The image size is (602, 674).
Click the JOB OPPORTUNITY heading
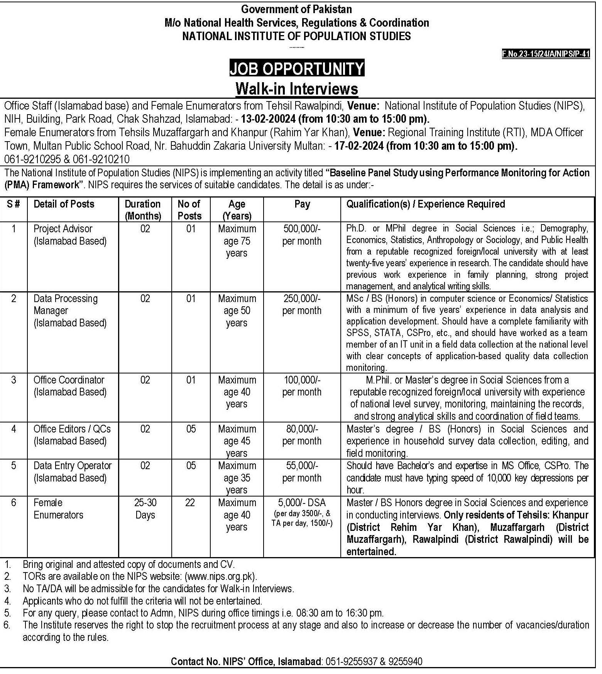(297, 69)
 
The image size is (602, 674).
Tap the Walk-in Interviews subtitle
(297, 89)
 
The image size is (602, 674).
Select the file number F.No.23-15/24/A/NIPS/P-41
(546, 54)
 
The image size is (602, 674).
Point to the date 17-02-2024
(359, 146)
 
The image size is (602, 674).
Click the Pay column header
(302, 204)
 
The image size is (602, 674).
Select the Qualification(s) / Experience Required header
(426, 204)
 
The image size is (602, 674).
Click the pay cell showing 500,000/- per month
(302, 235)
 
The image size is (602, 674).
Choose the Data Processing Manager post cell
(70, 310)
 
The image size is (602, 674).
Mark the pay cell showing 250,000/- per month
(302, 304)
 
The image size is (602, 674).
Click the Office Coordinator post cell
(70, 386)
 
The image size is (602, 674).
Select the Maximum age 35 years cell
(237, 478)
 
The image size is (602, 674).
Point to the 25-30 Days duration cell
(145, 508)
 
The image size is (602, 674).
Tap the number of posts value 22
(190, 503)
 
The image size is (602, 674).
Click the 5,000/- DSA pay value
(302, 503)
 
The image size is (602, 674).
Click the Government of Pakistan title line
(296, 9)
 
